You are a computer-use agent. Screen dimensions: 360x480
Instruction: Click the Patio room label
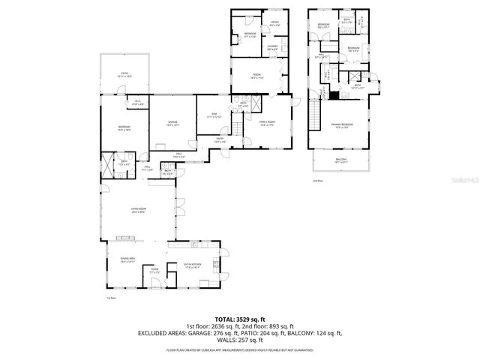pyautogui.click(x=124, y=74)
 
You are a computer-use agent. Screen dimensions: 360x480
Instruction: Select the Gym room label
pyautogui.click(x=213, y=115)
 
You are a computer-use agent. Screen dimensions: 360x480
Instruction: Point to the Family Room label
pyautogui.click(x=267, y=123)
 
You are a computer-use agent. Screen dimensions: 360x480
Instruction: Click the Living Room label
pyautogui.click(x=138, y=211)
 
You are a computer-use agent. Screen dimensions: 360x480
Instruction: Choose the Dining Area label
pyautogui.click(x=127, y=260)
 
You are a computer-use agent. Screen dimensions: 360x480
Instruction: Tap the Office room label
pyautogui.click(x=274, y=24)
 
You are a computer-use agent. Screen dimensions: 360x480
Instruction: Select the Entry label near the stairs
pyautogui.click(x=220, y=139)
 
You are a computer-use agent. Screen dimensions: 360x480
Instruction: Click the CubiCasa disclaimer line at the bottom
pyautogui.click(x=239, y=349)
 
